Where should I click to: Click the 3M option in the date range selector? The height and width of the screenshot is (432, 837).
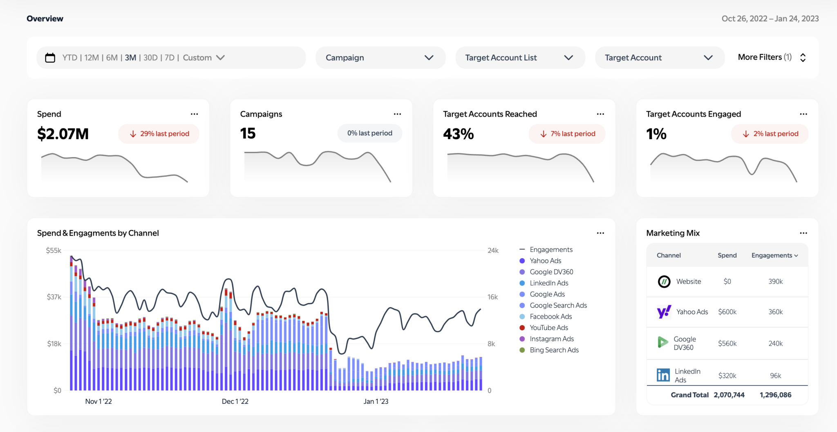(130, 58)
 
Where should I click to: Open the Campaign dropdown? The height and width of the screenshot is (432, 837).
(380, 58)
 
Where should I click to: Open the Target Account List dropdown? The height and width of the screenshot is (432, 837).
(520, 58)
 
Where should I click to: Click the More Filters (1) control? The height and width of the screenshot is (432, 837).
(771, 57)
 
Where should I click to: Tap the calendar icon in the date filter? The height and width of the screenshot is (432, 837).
(50, 58)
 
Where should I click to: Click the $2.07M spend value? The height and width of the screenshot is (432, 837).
(63, 134)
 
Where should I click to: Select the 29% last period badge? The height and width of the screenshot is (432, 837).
(159, 134)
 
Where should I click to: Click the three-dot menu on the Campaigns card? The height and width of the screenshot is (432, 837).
(397, 114)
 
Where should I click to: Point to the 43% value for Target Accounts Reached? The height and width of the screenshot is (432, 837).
(458, 134)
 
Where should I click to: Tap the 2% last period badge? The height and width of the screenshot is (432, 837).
(770, 134)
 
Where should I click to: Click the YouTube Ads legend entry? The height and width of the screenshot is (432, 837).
(548, 328)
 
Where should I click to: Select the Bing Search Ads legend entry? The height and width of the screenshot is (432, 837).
(554, 350)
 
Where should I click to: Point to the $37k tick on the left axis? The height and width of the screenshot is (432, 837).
(54, 297)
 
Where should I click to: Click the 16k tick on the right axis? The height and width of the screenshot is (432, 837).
(492, 297)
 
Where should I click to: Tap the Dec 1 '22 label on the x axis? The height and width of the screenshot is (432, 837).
(235, 401)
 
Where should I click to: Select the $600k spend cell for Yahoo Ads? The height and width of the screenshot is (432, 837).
(727, 312)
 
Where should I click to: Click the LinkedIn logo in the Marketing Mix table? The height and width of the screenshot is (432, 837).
(663, 375)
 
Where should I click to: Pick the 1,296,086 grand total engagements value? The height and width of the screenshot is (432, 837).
(775, 395)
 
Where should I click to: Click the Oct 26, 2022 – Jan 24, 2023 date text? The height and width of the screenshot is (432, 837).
(770, 18)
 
